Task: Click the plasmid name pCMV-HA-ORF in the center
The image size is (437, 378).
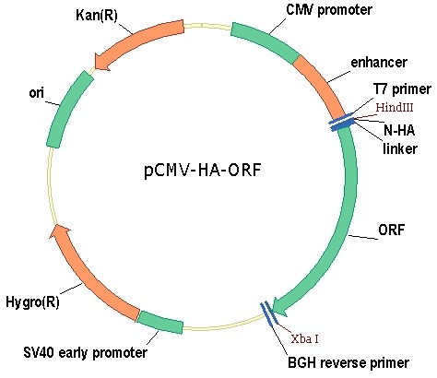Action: click(203, 170)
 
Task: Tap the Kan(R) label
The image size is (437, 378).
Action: click(97, 15)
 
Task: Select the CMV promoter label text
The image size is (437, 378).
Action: click(329, 9)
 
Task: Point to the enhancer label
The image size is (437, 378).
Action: click(379, 62)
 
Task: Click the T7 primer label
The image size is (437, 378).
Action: click(402, 89)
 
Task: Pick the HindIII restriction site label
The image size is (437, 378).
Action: click(395, 107)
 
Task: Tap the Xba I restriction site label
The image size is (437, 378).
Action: click(304, 338)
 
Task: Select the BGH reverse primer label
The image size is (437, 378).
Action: click(348, 362)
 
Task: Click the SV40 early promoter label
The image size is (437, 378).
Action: click(85, 352)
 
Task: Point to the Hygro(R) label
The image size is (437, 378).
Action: click(32, 301)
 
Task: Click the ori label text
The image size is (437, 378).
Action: click(36, 92)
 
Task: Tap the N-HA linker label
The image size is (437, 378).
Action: click(399, 139)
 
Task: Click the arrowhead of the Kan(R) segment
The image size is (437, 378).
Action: click(101, 62)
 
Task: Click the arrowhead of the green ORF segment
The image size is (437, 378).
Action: click(279, 306)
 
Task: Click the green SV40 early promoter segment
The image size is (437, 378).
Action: click(159, 323)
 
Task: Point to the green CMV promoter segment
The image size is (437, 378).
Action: click(266, 41)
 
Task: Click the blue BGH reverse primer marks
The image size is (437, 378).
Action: click(269, 313)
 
